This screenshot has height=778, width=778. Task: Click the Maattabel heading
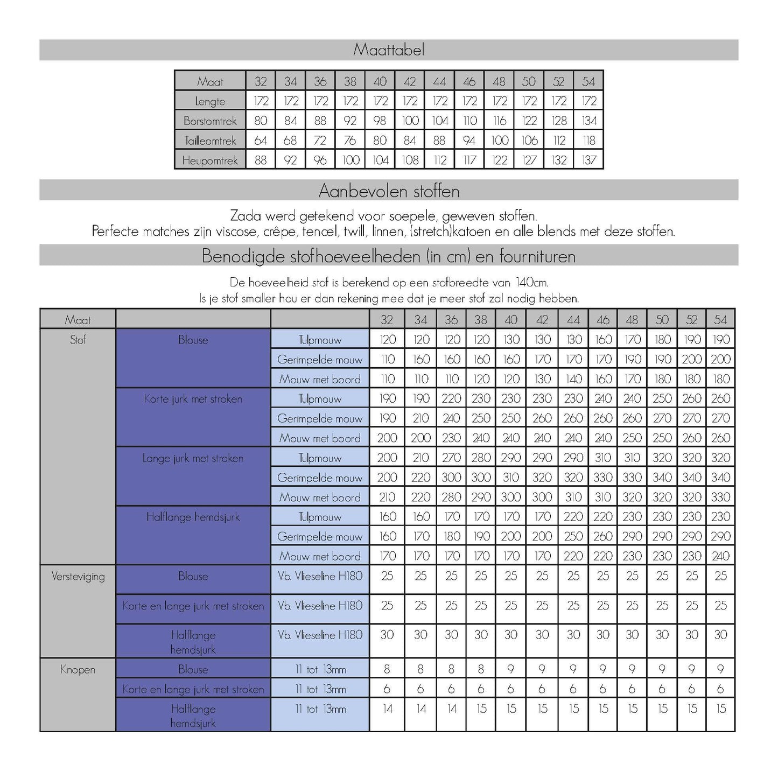coord(389,50)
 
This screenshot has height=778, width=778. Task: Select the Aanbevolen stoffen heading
coord(389,191)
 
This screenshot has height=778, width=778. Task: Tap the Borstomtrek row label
coord(210,121)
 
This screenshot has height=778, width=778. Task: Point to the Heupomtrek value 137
coord(588,160)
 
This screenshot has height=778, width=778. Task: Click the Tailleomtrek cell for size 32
coord(261,141)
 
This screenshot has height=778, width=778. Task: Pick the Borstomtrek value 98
coord(380,121)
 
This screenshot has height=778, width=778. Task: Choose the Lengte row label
coord(210,101)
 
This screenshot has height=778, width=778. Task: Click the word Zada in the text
coord(245,216)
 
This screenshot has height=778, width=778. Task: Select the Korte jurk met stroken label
coord(193,399)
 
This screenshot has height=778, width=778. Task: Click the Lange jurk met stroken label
coord(193,459)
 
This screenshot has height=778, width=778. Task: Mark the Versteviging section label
coord(78,577)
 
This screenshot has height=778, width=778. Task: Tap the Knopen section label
coord(78,670)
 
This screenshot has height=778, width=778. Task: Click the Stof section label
coord(78,340)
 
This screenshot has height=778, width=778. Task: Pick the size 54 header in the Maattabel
coord(588,81)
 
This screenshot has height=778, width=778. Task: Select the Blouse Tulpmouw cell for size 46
coord(603,340)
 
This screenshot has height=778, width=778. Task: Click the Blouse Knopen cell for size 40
coord(511,669)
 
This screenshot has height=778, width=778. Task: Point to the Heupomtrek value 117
coord(469,160)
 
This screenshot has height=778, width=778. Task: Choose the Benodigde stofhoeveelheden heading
coord(389,256)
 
